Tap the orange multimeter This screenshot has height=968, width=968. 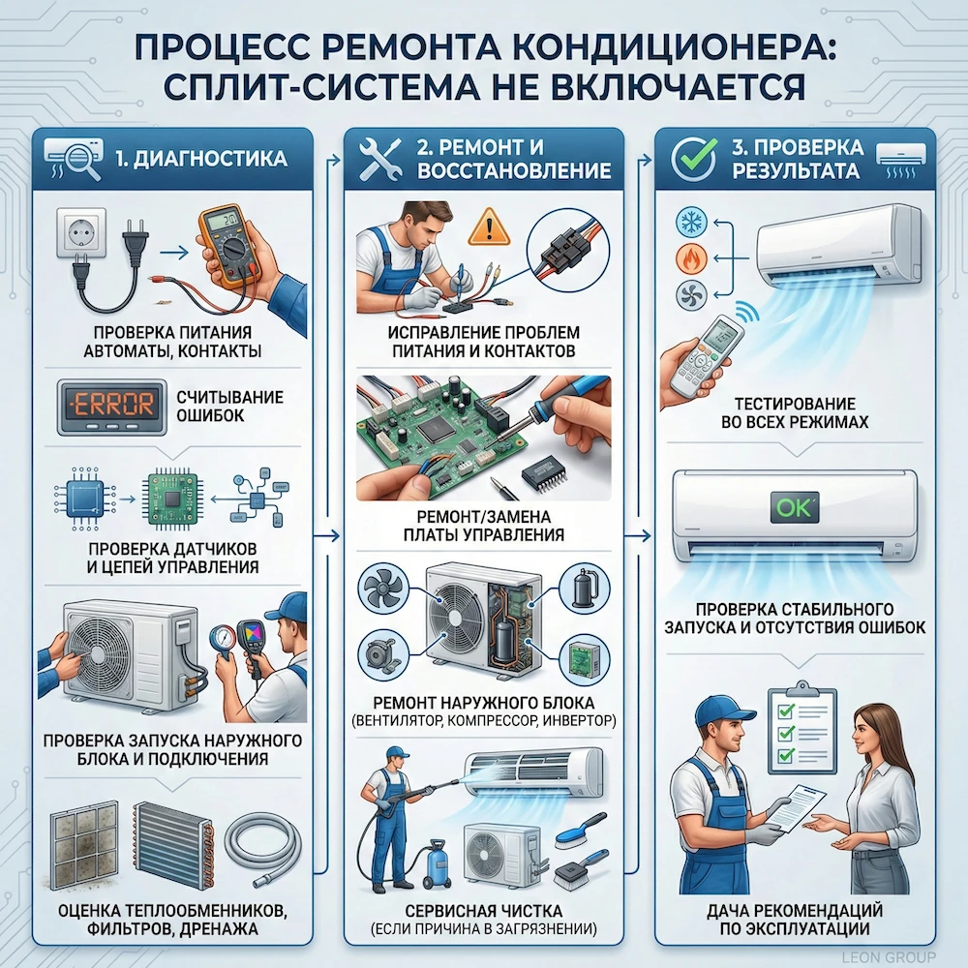tap(228, 248)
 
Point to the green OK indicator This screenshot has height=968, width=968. tap(793, 505)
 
